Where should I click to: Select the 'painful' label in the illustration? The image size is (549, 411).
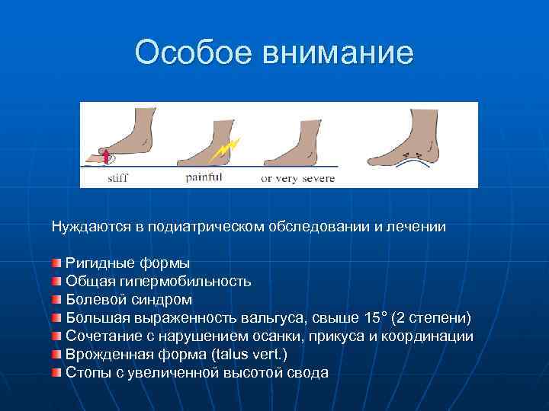coord(204,178)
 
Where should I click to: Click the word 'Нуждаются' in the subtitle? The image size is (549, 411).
coord(85,226)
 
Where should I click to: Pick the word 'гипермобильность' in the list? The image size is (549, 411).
coord(185,281)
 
